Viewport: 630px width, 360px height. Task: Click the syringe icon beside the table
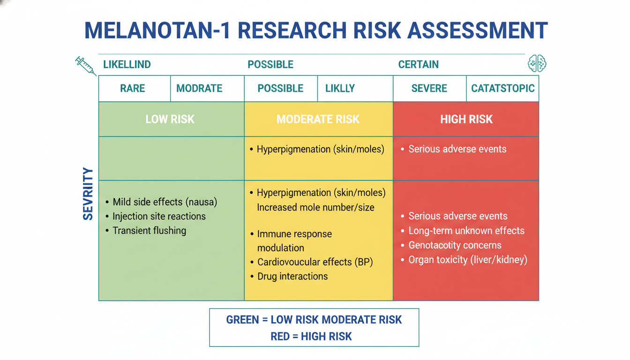click(86, 66)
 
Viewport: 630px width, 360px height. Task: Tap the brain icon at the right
click(537, 63)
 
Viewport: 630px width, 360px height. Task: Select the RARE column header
click(133, 88)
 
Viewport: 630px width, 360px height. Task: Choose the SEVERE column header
click(429, 88)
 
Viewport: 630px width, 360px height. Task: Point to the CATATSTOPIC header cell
click(503, 88)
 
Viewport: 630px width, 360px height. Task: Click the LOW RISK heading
click(170, 119)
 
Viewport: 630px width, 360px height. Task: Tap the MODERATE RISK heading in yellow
click(318, 119)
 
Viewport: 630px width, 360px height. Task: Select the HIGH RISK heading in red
click(466, 119)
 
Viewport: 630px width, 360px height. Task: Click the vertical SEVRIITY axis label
click(88, 194)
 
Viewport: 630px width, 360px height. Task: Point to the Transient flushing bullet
click(146, 231)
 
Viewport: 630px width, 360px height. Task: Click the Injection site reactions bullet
click(156, 216)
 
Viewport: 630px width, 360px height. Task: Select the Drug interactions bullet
click(289, 277)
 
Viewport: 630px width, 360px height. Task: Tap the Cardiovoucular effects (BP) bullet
click(312, 262)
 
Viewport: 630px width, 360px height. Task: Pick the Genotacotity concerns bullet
click(451, 245)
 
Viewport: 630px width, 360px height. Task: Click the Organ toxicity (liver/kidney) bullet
click(464, 260)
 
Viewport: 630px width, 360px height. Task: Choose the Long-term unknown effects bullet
click(463, 231)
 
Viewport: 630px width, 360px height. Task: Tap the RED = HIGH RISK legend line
click(311, 337)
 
